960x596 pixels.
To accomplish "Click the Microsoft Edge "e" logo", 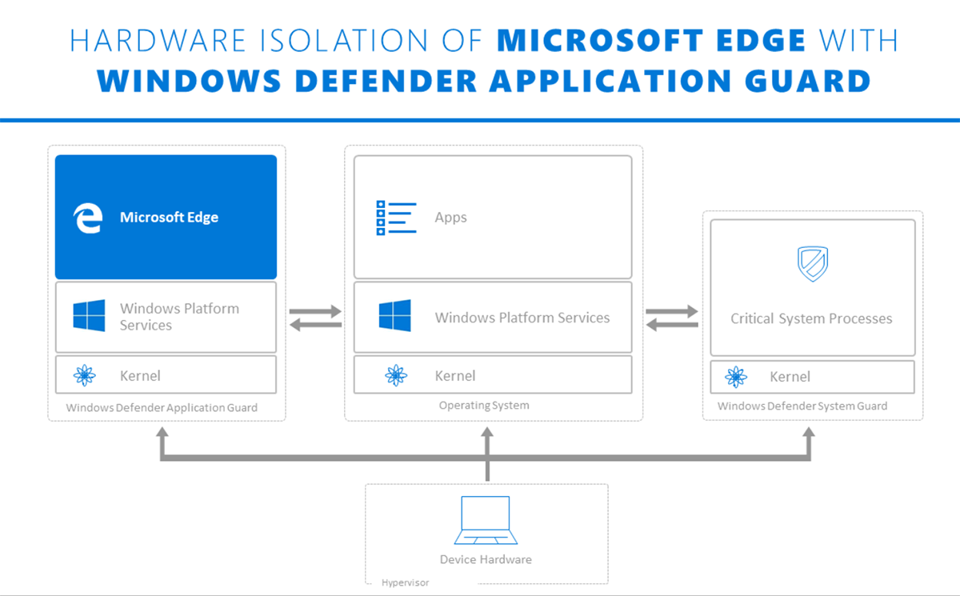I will click(87, 218).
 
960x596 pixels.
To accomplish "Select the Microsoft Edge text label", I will click(169, 217).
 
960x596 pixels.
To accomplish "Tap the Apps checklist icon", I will click(396, 218).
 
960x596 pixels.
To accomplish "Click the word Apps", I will click(450, 218).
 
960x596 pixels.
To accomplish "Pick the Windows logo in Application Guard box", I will click(89, 316).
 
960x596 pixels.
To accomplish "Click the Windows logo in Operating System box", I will click(395, 316).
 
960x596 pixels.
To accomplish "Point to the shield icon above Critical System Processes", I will click(812, 264).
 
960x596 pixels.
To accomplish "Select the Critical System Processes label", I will click(811, 318).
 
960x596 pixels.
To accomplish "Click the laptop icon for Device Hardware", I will click(486, 521).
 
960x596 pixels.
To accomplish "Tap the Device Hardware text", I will click(486, 559).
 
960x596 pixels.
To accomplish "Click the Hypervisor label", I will click(405, 582).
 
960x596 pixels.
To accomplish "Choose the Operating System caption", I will click(484, 406).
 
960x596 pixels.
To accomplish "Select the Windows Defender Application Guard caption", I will click(162, 407).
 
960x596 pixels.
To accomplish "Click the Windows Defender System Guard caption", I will click(802, 406).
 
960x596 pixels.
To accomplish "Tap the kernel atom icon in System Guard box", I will click(736, 377).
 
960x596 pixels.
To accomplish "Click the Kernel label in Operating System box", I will click(455, 376).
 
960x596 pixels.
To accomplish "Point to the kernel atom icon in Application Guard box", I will click(84, 375).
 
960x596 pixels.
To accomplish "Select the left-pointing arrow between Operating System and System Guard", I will click(672, 324).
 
